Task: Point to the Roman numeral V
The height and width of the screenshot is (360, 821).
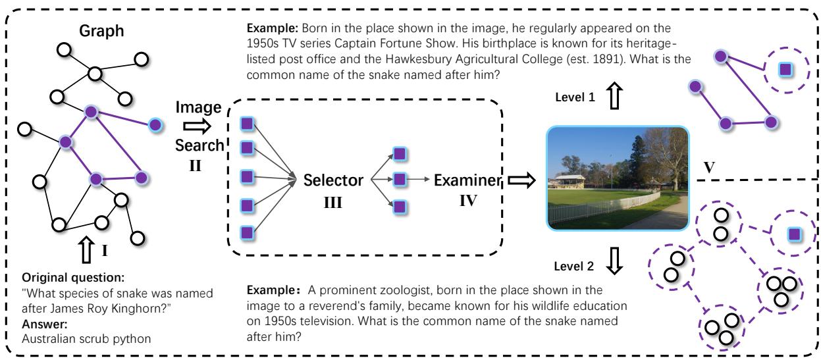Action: (710, 167)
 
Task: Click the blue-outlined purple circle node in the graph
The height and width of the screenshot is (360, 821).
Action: (155, 124)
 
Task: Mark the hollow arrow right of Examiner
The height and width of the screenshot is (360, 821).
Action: (521, 179)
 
